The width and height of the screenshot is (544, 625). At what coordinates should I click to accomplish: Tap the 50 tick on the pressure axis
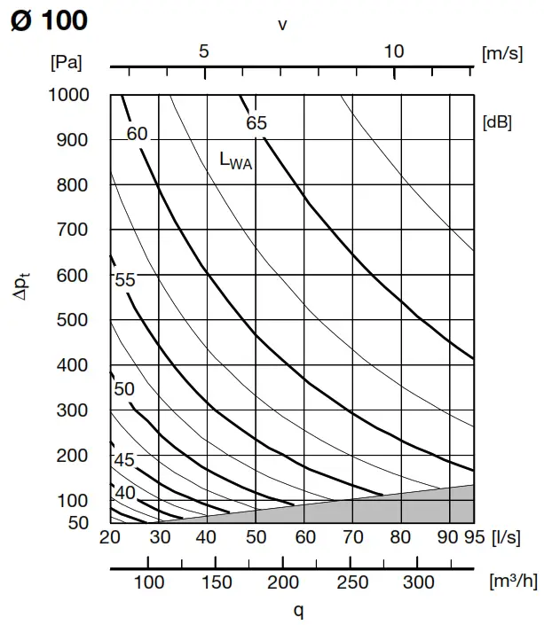(x=79, y=522)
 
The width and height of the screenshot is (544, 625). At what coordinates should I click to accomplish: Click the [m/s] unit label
(x=502, y=53)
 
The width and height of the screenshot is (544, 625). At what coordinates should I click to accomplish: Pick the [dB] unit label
(x=497, y=123)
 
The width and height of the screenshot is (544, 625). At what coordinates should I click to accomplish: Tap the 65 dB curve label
(x=256, y=123)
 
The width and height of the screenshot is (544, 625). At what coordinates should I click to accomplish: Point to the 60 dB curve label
(x=137, y=135)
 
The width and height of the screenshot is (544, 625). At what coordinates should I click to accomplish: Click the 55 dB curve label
(x=125, y=280)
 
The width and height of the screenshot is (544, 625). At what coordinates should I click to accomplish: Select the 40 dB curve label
(x=125, y=493)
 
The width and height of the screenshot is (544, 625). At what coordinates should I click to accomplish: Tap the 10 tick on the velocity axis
(x=394, y=51)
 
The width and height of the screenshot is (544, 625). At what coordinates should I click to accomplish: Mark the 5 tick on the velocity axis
(x=204, y=51)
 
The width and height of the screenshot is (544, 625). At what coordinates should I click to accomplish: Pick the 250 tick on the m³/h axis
(x=351, y=582)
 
